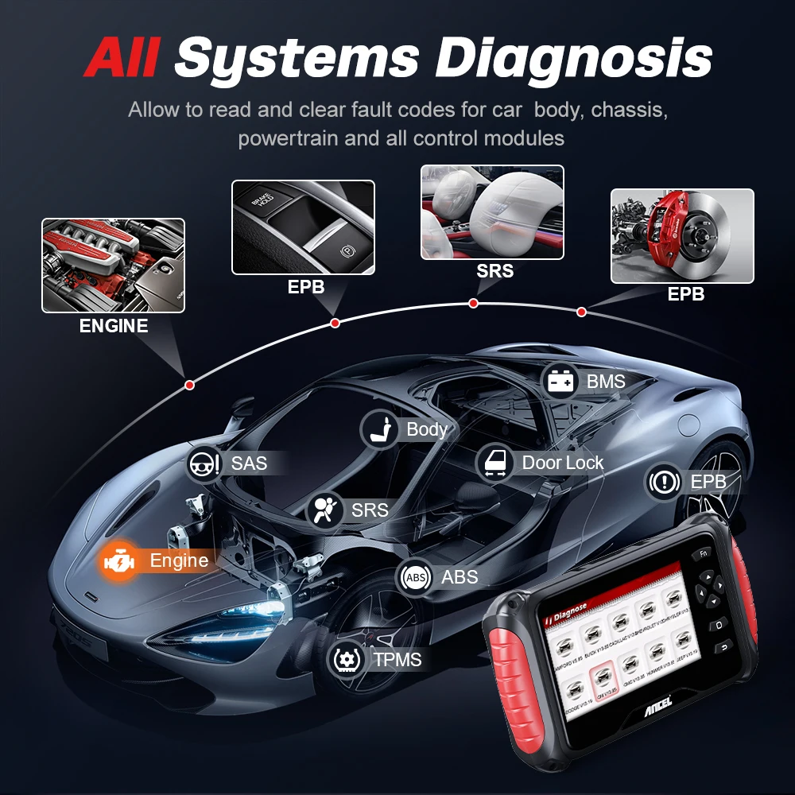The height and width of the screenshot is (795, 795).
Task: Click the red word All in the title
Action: (124, 58)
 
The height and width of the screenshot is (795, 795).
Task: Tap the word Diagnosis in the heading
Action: (576, 58)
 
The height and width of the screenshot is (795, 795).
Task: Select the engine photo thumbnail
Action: (113, 265)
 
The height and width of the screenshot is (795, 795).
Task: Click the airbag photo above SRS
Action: (491, 211)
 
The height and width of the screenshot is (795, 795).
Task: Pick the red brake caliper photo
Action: (681, 235)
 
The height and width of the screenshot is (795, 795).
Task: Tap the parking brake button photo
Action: (303, 227)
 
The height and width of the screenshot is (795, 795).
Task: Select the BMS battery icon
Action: (560, 382)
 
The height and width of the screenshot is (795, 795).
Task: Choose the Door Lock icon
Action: (494, 463)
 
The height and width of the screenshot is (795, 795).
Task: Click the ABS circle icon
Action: (415, 577)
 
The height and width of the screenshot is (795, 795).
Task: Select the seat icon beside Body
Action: (379, 430)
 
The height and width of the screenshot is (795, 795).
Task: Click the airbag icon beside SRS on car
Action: (324, 510)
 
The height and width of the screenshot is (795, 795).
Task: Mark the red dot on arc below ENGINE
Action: (189, 385)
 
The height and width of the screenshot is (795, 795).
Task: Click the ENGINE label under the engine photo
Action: (113, 326)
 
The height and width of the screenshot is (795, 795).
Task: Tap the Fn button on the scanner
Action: (703, 554)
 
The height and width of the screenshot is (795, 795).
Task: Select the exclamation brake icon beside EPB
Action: (664, 482)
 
